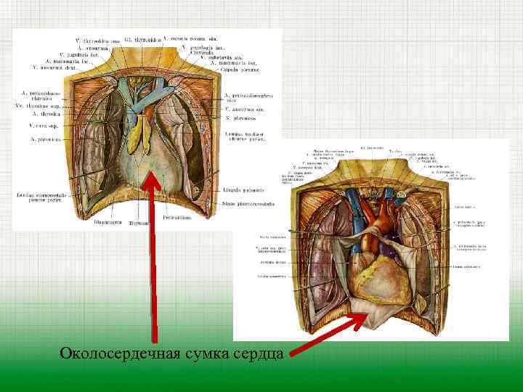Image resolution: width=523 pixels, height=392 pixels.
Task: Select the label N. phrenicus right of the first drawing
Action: tap(240, 117)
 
